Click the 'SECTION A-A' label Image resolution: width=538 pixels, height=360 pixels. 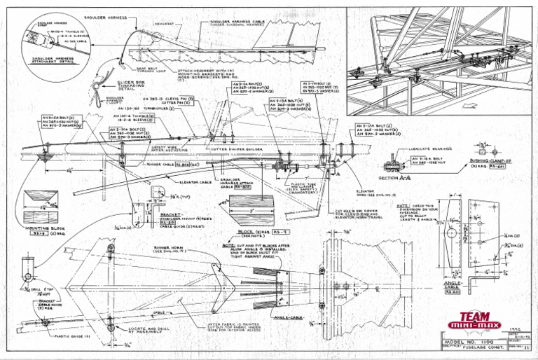393,178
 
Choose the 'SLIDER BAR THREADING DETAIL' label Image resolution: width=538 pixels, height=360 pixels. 113,85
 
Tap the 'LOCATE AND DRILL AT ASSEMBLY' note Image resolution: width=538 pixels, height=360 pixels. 149,328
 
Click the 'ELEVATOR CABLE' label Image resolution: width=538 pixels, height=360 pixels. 197,182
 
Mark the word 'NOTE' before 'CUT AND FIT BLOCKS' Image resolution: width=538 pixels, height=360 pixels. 228,246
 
